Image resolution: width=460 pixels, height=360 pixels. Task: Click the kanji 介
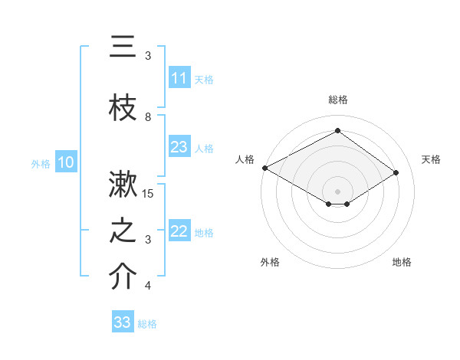tap(123, 278)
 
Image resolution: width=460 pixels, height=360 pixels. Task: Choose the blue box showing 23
tap(179, 147)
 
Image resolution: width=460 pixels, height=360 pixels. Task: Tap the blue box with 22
tap(179, 231)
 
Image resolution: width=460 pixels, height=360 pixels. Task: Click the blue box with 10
tap(66, 162)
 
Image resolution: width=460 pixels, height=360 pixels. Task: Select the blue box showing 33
tap(123, 322)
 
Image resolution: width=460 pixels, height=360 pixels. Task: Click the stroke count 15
tap(149, 194)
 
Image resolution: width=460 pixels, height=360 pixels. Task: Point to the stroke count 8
tap(148, 117)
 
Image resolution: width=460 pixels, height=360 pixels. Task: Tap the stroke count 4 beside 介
tap(148, 286)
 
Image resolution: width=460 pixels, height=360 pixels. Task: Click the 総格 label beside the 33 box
tap(147, 324)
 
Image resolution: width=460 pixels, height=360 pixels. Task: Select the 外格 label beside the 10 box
tap(41, 163)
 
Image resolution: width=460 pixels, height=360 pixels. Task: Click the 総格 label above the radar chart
tap(337, 100)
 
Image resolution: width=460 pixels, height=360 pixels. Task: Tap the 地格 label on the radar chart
tap(402, 262)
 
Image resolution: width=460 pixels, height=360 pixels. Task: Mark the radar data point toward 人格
tap(264, 168)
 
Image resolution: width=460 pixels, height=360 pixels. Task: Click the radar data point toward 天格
tap(396, 173)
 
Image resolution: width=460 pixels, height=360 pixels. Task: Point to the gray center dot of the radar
tap(337, 190)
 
